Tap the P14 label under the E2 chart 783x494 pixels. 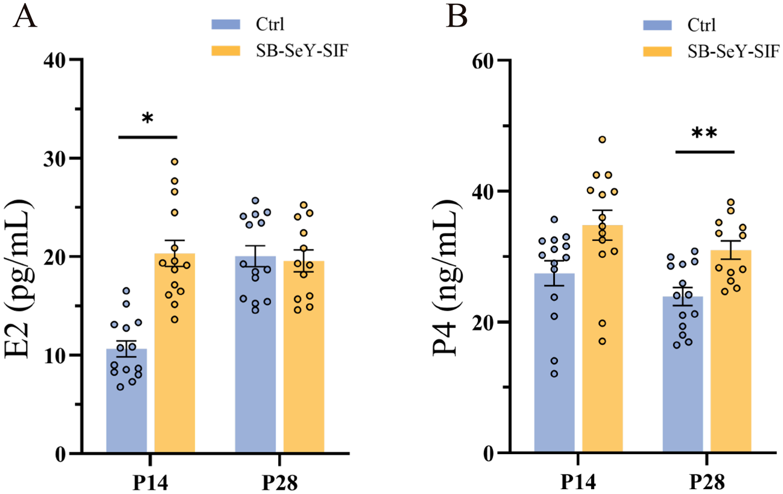tap(151, 483)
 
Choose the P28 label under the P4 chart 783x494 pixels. tap(707, 483)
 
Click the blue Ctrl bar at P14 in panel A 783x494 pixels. tap(127, 405)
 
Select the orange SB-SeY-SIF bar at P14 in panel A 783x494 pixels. tap(175, 362)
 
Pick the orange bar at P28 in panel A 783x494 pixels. tap(303, 362)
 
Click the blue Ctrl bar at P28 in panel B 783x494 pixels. tap(683, 380)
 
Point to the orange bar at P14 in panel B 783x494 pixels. tap(603, 344)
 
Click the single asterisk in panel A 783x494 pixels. tap(147, 118)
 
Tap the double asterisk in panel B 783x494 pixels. tap(704, 133)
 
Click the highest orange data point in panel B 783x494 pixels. tap(602, 140)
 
